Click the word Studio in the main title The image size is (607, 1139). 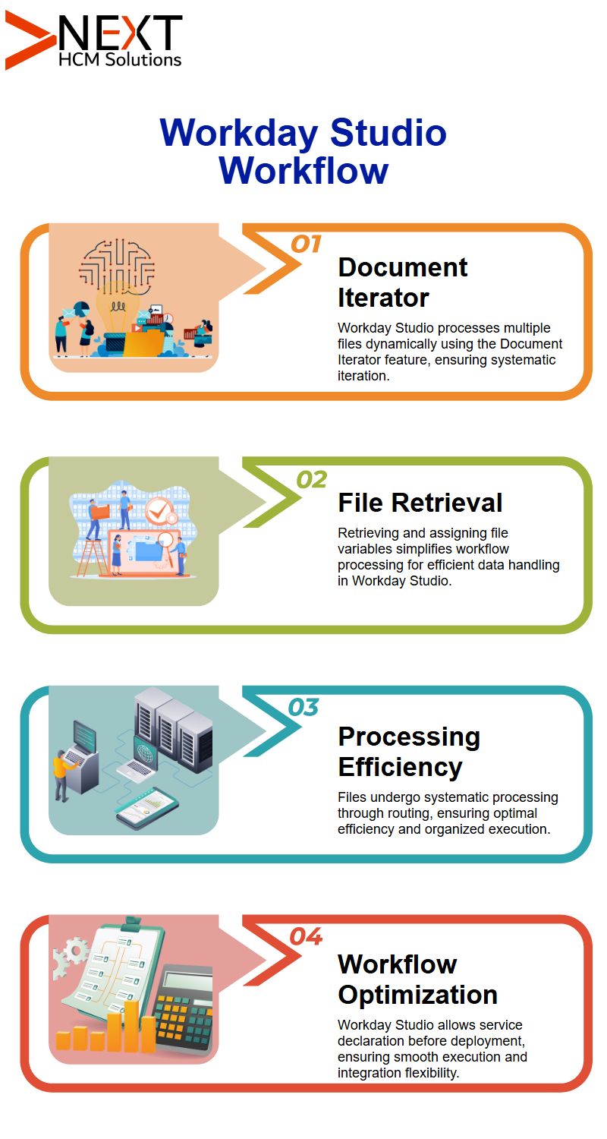(388, 133)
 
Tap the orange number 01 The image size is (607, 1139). (306, 245)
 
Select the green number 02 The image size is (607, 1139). (311, 479)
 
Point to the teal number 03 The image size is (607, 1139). (303, 707)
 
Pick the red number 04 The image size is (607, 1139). (306, 936)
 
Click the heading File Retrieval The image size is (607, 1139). (420, 503)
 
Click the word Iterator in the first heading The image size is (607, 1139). (383, 298)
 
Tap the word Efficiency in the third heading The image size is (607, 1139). (401, 767)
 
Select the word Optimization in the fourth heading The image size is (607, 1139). (417, 995)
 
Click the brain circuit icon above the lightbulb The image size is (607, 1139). (117, 267)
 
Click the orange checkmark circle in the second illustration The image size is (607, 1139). (159, 510)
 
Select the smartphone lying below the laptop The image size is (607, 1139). (147, 807)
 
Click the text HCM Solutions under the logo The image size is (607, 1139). (120, 59)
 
